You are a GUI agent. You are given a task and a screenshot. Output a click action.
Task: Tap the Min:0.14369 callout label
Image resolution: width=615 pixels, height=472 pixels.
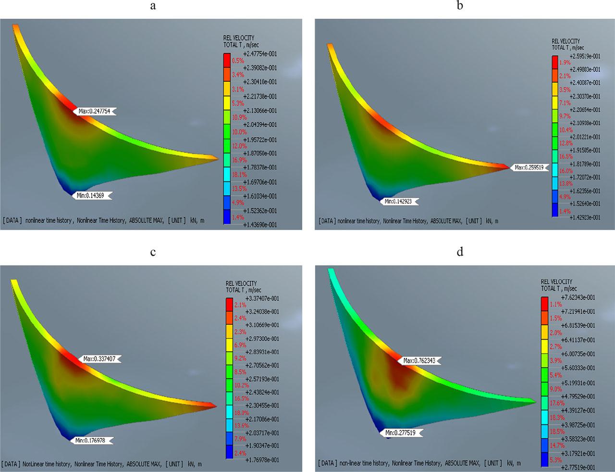tap(91, 195)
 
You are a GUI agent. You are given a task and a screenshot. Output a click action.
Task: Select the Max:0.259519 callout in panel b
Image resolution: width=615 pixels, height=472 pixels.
tap(530, 167)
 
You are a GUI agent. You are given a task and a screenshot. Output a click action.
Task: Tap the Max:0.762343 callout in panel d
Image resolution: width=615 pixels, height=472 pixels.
tap(422, 360)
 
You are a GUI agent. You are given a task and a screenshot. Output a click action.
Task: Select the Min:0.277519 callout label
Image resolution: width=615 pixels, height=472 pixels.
tap(403, 433)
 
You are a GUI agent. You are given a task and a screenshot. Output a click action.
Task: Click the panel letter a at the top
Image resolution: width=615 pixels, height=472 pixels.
tap(153, 6)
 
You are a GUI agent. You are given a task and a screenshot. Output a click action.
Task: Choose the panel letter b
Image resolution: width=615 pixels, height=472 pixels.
tap(460, 6)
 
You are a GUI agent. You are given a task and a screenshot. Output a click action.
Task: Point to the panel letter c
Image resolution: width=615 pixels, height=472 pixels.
tap(153, 252)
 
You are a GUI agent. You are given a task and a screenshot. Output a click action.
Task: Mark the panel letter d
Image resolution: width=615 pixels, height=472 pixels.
tap(460, 252)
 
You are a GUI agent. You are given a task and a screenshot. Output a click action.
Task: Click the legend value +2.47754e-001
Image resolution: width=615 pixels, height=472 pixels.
tap(260, 54)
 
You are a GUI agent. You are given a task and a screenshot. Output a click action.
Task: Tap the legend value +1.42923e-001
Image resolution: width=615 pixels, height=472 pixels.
tap(583, 217)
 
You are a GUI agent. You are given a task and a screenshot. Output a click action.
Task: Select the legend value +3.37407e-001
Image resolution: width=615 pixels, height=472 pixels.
tap(262, 298)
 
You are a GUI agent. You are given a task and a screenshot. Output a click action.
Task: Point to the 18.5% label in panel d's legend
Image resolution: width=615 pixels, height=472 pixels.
tap(557, 432)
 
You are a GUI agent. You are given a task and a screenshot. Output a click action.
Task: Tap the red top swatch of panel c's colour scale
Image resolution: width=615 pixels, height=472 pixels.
tap(229, 305)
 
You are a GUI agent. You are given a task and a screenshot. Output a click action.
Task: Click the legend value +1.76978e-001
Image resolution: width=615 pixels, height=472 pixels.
tap(262, 460)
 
